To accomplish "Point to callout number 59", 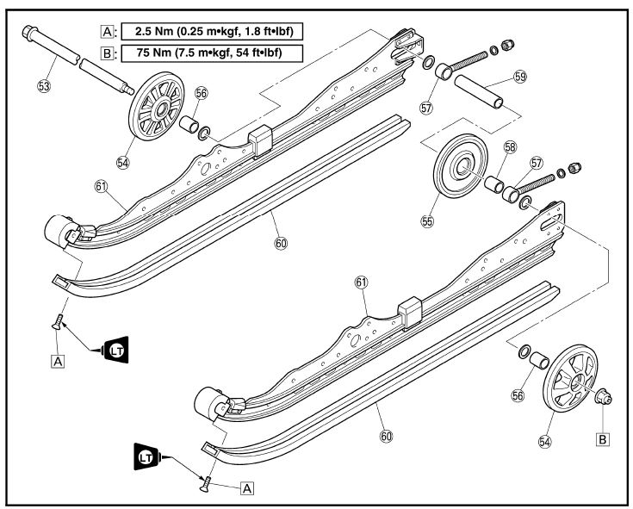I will tap(519, 77).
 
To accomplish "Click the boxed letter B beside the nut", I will tap(603, 438).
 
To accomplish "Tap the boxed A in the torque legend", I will tap(108, 32).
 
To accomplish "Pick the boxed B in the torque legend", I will tap(108, 53).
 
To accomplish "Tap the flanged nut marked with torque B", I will tap(605, 396).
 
